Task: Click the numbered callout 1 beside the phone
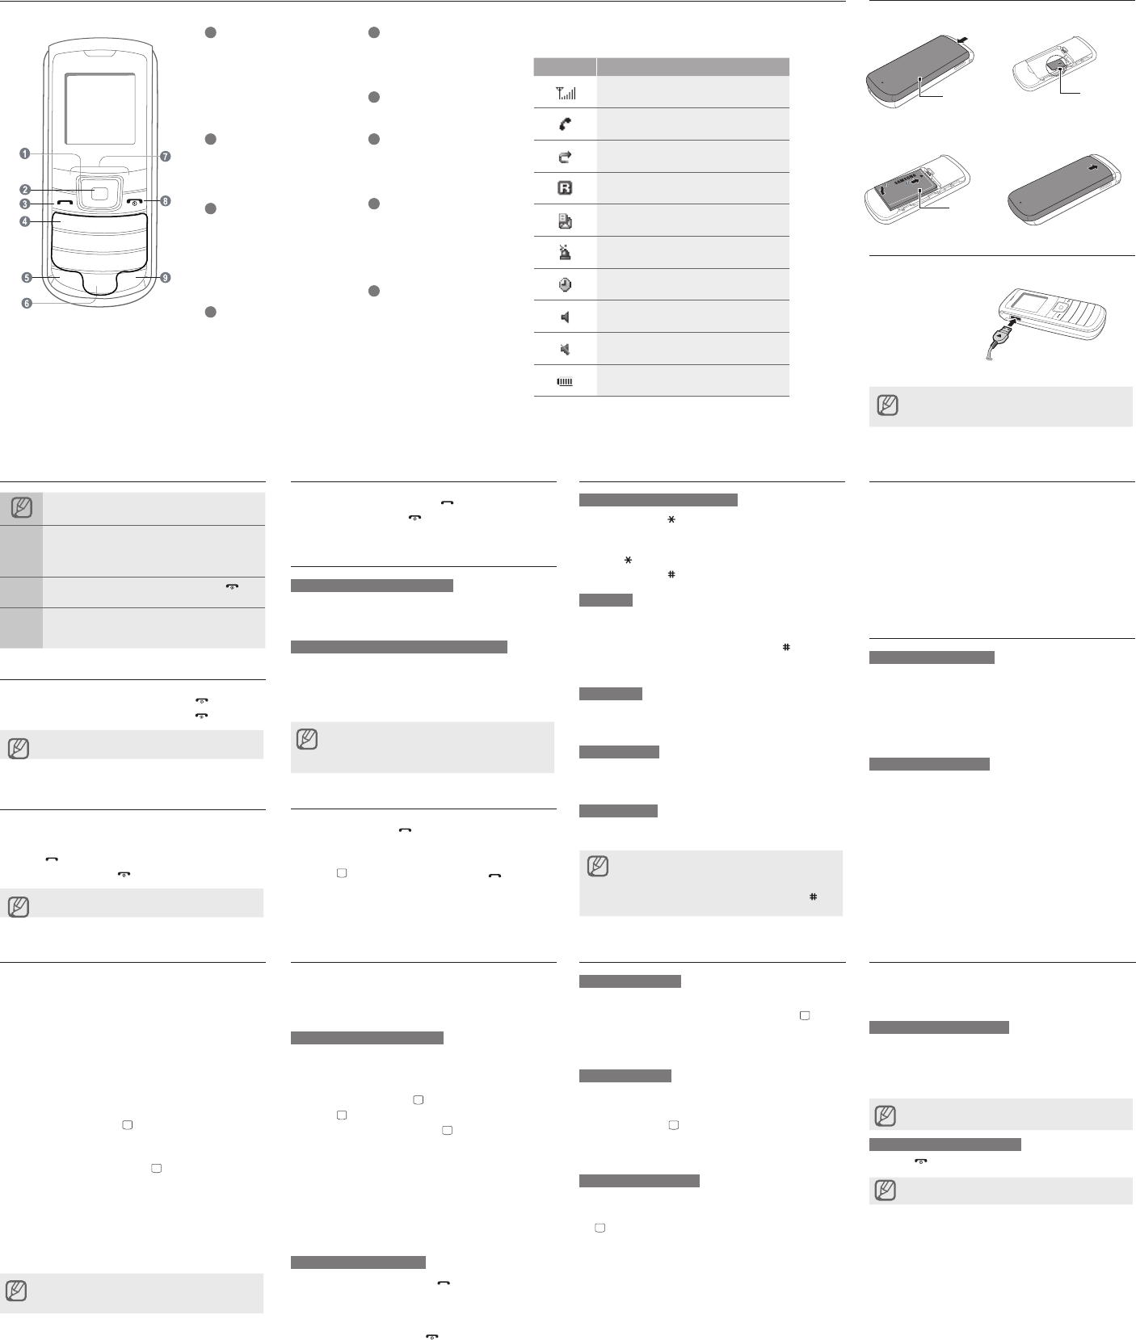[26, 153]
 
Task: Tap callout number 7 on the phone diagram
[166, 156]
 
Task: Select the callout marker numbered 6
[27, 304]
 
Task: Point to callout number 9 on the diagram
[165, 278]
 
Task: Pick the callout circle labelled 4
[26, 221]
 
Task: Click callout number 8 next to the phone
[166, 200]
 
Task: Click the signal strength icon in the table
[565, 93]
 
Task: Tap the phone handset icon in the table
[565, 124]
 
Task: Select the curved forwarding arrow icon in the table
[565, 157]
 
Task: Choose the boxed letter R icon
[565, 188]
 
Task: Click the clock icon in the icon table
[565, 284]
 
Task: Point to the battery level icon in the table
[565, 381]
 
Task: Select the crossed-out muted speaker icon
[565, 349]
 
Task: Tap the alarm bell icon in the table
[565, 253]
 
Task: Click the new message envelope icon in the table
[565, 221]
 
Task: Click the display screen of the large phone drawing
[100, 108]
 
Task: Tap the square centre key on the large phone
[99, 193]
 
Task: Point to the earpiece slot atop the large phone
[99, 56]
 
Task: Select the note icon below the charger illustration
[887, 405]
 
